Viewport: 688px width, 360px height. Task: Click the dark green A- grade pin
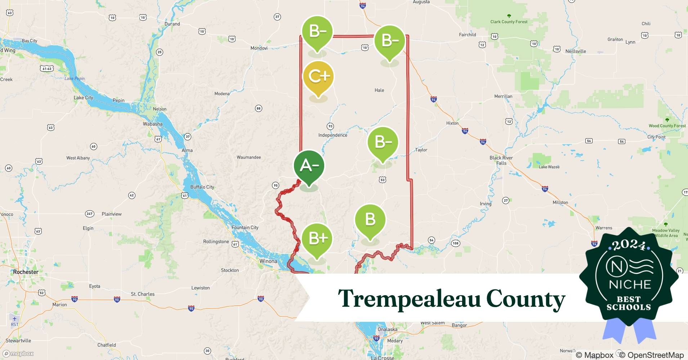[x=309, y=166]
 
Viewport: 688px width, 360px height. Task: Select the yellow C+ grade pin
[x=318, y=77]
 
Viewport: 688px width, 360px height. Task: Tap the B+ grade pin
[x=317, y=239]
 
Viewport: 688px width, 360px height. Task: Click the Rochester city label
[x=26, y=272]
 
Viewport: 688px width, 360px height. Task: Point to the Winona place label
[x=268, y=261]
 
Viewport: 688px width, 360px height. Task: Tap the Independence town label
[x=333, y=135]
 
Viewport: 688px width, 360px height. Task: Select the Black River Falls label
[x=501, y=161]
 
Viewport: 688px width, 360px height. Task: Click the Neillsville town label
[x=576, y=51]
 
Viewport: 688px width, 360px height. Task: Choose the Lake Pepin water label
[x=75, y=78]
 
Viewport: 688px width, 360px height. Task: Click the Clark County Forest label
[x=509, y=22]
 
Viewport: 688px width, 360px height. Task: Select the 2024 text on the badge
[x=629, y=246]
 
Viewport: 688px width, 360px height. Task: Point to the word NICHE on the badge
[x=630, y=285]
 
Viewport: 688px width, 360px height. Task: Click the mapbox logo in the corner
[x=18, y=354]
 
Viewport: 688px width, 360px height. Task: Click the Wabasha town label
[x=153, y=124]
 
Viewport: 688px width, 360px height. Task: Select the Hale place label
[x=379, y=90]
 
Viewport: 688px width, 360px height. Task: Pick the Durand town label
[x=172, y=24]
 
